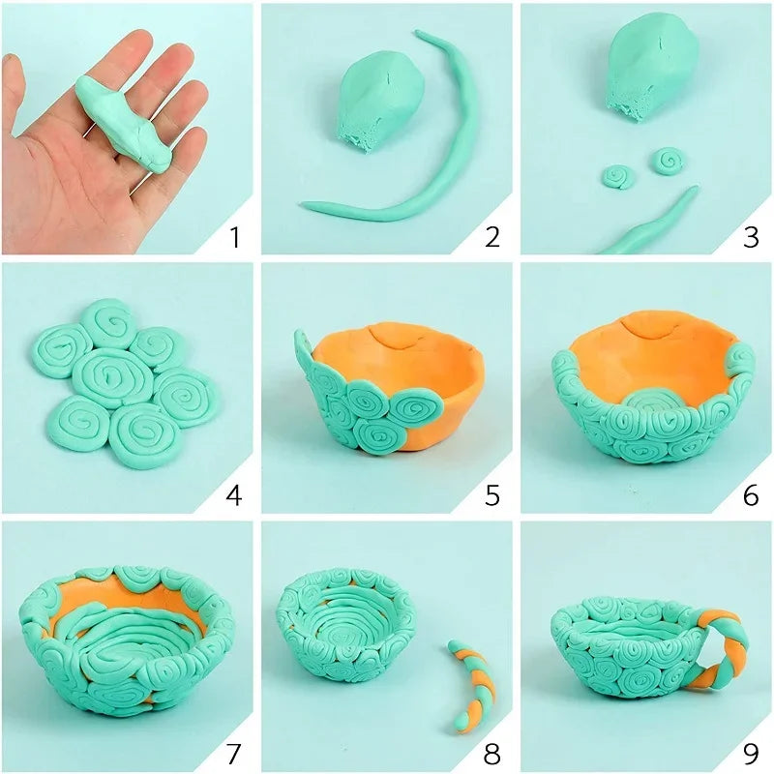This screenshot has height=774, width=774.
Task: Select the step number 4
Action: coord(232,496)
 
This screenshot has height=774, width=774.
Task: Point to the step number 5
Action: coord(491,496)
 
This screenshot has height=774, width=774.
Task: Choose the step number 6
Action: coord(751,496)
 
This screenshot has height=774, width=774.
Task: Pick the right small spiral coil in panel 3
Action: coord(667,159)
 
